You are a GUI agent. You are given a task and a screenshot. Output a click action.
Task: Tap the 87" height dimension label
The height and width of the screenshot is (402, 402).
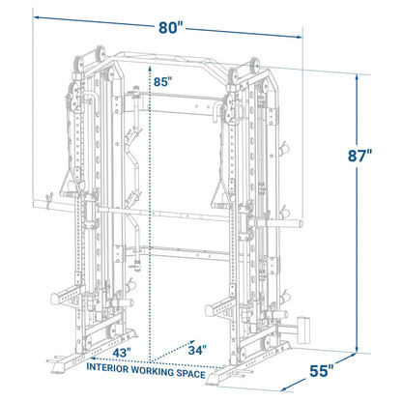pos(359,156)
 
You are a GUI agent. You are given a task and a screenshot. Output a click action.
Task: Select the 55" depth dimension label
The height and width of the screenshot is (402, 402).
pos(322,371)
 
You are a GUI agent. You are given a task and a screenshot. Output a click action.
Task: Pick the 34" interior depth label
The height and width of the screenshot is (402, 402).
pos(197,350)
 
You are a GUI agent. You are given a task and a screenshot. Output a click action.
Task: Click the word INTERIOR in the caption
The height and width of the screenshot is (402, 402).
pos(107,368)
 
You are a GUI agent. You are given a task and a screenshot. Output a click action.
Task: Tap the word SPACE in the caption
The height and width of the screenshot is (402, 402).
pos(190,374)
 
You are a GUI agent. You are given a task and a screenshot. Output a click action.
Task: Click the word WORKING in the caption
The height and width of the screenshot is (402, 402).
pos(153,371)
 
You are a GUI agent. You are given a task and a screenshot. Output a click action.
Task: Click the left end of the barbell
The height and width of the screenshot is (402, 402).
pos(35,204)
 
